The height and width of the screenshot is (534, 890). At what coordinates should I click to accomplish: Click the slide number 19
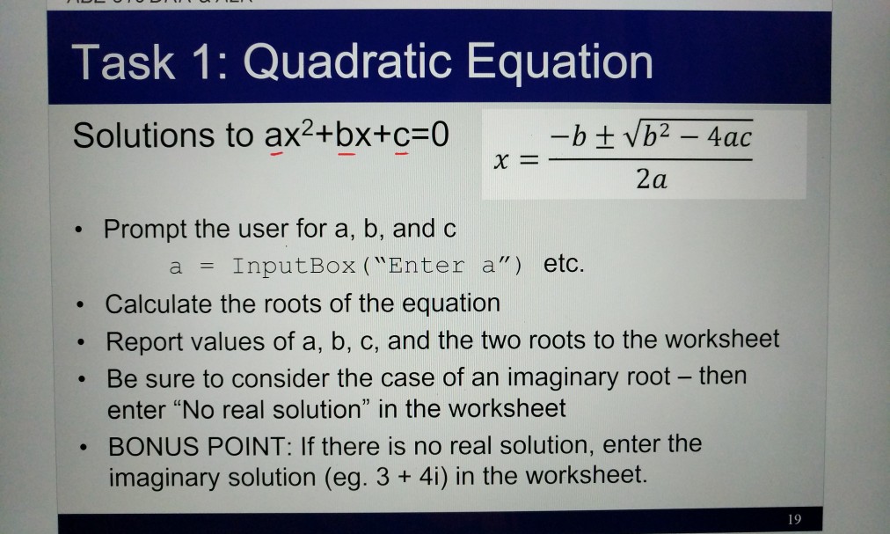pyautogui.click(x=795, y=519)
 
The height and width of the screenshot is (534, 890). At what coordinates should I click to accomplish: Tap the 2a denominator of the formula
pyautogui.click(x=650, y=180)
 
